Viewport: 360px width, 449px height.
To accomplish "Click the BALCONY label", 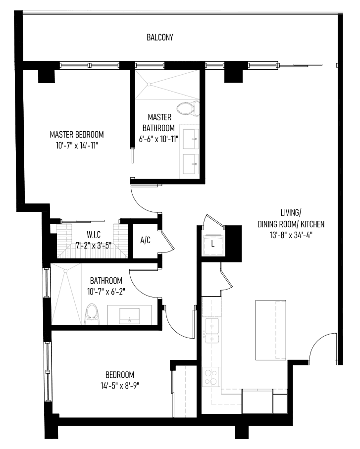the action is pyautogui.click(x=160, y=37).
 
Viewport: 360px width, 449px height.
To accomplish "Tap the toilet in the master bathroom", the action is pyautogui.click(x=188, y=108).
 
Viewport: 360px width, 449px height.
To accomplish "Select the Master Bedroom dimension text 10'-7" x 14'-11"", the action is pyautogui.click(x=77, y=146).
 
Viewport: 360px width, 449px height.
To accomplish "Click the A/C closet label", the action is pyautogui.click(x=145, y=240).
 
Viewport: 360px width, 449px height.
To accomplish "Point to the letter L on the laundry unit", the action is pyautogui.click(x=212, y=244).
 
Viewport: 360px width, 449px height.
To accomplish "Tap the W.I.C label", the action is pyautogui.click(x=94, y=235).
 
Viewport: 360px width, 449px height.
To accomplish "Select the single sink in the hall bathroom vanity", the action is pyautogui.click(x=129, y=316).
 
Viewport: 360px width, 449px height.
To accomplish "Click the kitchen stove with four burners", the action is pyautogui.click(x=211, y=377).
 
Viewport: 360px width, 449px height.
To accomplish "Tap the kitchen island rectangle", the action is pyautogui.click(x=271, y=330).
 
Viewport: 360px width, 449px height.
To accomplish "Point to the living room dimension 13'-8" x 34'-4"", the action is pyautogui.click(x=291, y=235).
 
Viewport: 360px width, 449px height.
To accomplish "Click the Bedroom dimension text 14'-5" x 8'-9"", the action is pyautogui.click(x=120, y=386).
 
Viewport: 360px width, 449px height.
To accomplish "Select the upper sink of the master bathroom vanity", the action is pyautogui.click(x=191, y=139).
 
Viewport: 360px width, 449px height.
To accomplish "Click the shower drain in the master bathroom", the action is pyautogui.click(x=149, y=84).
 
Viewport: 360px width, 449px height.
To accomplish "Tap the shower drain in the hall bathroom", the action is pyautogui.click(x=65, y=270).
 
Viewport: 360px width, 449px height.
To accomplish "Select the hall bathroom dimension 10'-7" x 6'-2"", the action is pyautogui.click(x=106, y=292).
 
